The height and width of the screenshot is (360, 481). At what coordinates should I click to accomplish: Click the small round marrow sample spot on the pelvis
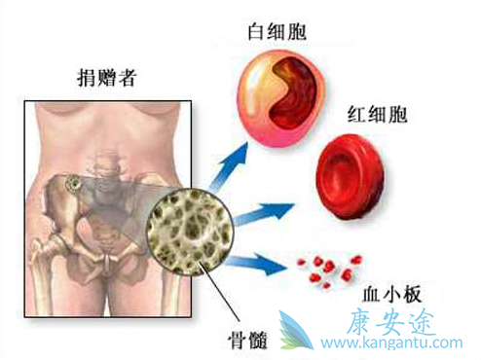[x=75, y=183]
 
